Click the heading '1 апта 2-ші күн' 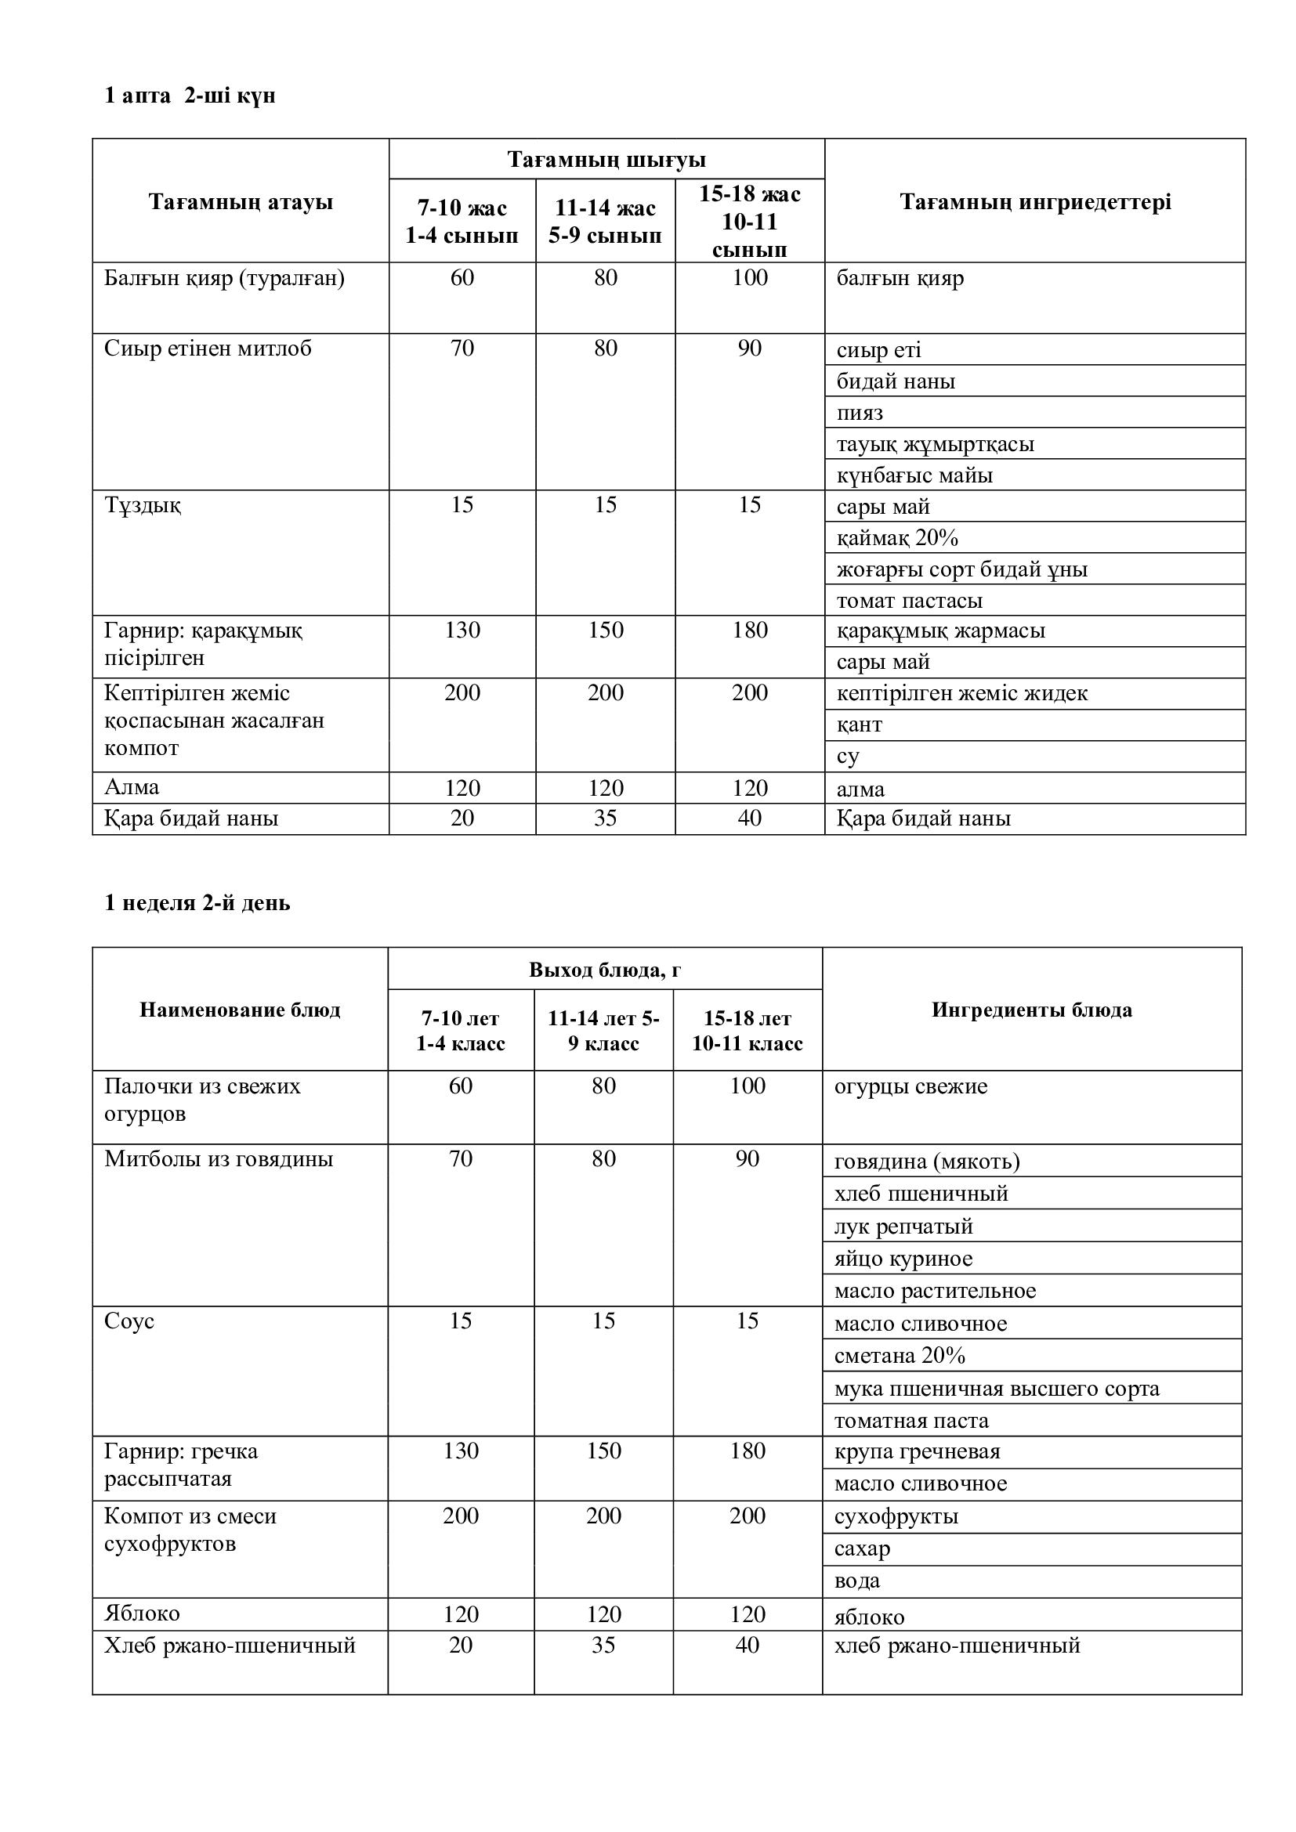coord(190,96)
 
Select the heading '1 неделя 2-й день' coord(197,903)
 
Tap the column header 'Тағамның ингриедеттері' coord(1035,202)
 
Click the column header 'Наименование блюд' coord(241,1010)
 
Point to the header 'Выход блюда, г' coord(605,970)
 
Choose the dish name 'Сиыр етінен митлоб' coord(208,349)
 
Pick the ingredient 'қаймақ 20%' coord(897,538)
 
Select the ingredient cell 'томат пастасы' coord(909,600)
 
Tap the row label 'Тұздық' coord(143,505)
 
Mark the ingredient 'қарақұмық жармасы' coord(940,631)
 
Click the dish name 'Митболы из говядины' coord(219,1159)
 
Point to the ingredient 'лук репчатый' coord(903,1227)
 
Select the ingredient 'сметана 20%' coord(900,1356)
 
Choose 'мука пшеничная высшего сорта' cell coord(996,1389)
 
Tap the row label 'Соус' coord(129,1321)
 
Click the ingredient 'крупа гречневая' coord(917,1451)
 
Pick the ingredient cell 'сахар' coord(862,1548)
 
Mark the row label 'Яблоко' coord(142,1613)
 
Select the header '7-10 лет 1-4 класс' coord(461,1031)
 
